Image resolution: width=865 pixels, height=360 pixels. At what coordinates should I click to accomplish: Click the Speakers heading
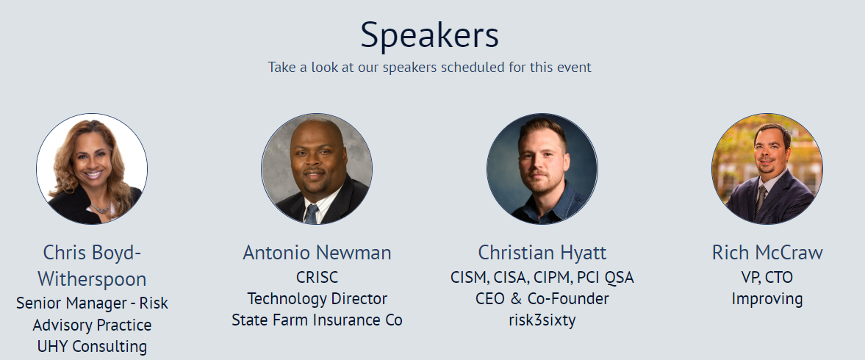point(430,35)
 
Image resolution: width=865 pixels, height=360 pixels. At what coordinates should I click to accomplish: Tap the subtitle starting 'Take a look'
point(430,68)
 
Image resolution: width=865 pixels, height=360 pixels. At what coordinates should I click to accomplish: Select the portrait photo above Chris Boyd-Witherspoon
point(92,169)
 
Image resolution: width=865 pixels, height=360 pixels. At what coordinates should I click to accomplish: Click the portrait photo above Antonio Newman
point(317,169)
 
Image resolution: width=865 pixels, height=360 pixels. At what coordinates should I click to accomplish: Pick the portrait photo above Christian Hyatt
point(542,169)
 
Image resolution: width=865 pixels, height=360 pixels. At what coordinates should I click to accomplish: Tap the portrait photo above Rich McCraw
point(767,169)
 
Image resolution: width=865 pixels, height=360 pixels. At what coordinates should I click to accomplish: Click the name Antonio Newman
point(317,253)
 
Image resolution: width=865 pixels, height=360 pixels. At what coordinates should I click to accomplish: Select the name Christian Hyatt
point(542,253)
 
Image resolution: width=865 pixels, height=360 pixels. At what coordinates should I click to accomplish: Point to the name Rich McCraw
point(767,253)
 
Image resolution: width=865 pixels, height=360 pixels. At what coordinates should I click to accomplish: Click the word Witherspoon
point(92,279)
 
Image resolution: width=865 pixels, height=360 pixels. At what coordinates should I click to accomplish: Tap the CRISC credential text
point(317,278)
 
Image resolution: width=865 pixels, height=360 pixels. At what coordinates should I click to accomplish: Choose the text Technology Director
point(317,299)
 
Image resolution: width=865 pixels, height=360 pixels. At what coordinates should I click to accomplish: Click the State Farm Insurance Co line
point(317,320)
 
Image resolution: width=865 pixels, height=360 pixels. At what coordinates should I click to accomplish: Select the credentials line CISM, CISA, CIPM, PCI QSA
point(542,278)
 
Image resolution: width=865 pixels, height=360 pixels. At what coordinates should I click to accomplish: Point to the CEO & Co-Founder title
point(542,299)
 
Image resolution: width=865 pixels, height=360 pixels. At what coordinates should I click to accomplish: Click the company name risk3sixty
point(542,320)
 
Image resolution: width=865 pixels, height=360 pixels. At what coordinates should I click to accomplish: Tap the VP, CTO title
point(767,278)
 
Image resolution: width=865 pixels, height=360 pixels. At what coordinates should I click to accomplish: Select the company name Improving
point(767,299)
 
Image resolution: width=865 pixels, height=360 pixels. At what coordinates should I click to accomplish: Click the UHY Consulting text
point(92,346)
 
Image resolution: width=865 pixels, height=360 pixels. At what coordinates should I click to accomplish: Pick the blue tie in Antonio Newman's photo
point(312,214)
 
